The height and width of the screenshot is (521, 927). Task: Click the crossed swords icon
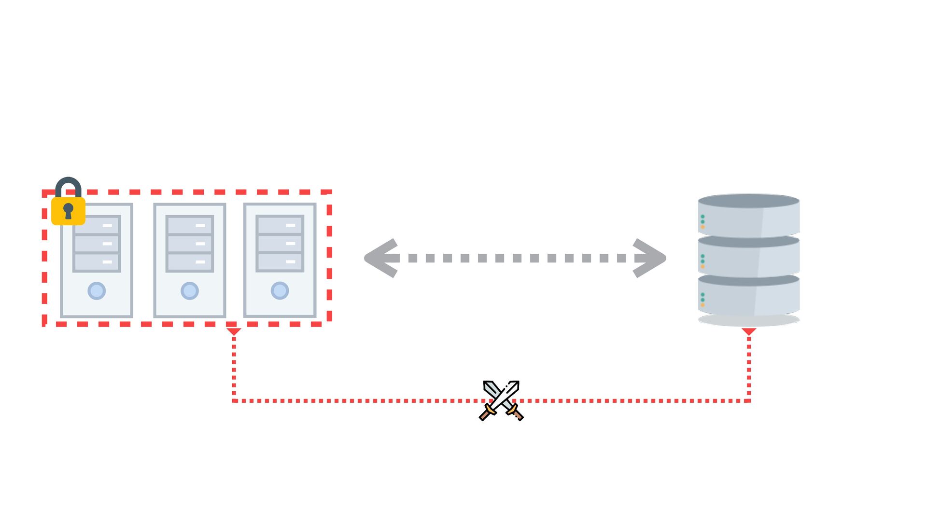[x=501, y=400]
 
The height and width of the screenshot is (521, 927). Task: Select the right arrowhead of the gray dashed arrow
[x=649, y=258]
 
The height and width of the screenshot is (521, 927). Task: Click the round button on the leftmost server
[x=97, y=291]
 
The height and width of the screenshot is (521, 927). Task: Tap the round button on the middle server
[x=190, y=291]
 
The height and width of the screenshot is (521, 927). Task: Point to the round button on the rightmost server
[x=280, y=290]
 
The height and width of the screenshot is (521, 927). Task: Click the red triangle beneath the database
[x=749, y=331]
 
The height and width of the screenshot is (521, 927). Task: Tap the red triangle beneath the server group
[x=234, y=331]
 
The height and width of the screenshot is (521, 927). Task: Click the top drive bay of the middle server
[x=190, y=225]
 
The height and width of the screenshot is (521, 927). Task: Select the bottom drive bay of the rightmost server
[x=280, y=262]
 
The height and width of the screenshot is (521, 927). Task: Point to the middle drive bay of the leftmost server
[x=97, y=244]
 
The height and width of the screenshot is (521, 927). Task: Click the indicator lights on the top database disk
[x=702, y=221]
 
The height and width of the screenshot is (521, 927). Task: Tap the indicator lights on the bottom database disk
[x=702, y=300]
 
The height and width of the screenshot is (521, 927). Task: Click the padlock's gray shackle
[x=68, y=185]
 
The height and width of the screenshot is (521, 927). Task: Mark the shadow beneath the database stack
[x=748, y=320]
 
